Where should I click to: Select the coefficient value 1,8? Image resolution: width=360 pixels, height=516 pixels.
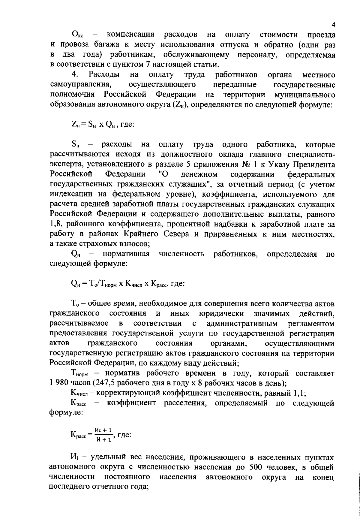pos(55,224)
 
